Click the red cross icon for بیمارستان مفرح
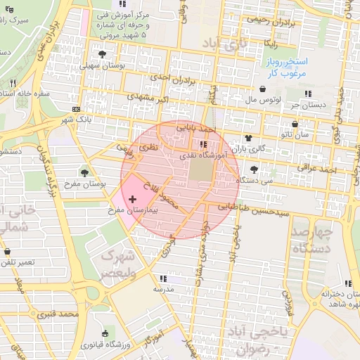(x=134, y=200)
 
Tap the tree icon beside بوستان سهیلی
(x=103, y=54)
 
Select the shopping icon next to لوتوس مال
(x=263, y=89)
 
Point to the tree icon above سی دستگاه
(x=254, y=169)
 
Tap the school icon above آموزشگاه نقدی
(x=204, y=144)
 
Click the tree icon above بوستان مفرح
(x=85, y=172)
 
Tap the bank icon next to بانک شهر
(x=76, y=109)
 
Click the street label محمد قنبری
(x=77, y=314)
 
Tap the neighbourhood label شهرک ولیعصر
(x=115, y=263)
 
